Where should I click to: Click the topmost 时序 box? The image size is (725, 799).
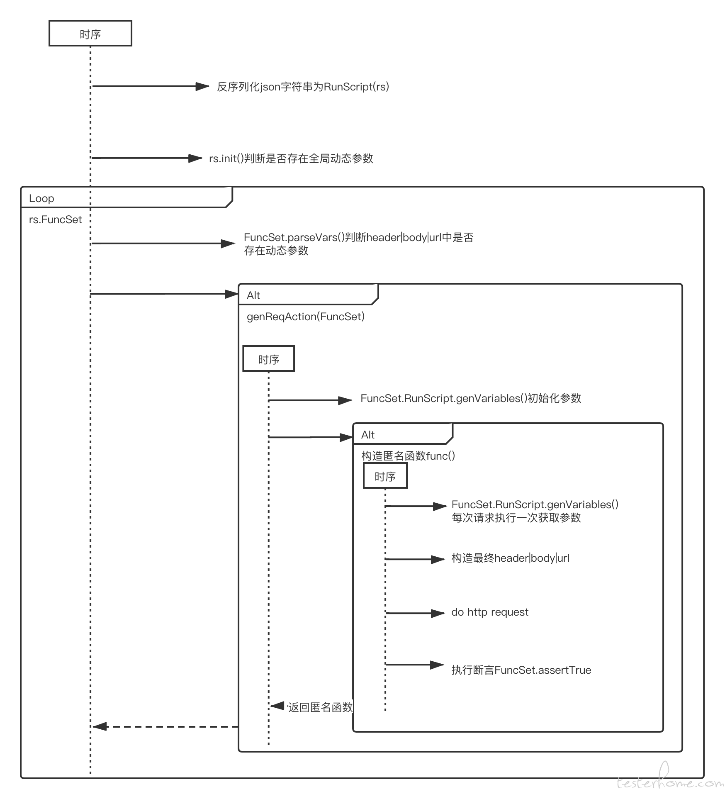(x=90, y=33)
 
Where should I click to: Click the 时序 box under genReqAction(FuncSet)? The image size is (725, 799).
(x=268, y=358)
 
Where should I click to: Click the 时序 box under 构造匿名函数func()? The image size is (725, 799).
(x=385, y=476)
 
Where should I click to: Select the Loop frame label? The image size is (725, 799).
(x=41, y=198)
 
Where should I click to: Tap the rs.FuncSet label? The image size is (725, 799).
(x=56, y=219)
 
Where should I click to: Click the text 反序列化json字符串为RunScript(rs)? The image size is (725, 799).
(x=303, y=87)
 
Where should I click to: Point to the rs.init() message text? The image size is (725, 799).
(x=291, y=158)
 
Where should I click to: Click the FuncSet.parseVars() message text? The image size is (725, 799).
(x=359, y=244)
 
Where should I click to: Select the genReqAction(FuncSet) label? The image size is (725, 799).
(x=306, y=317)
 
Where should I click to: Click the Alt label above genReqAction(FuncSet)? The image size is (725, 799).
(x=253, y=295)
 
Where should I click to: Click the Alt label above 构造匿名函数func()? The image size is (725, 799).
(x=368, y=435)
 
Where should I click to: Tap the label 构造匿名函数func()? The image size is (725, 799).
(x=409, y=456)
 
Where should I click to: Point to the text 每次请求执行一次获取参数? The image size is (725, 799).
(x=516, y=518)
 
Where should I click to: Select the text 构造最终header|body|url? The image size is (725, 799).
(x=511, y=558)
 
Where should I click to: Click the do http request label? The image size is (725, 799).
(x=490, y=612)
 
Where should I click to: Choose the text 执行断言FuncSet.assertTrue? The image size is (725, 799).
(x=521, y=670)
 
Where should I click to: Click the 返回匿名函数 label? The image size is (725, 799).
(x=320, y=707)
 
